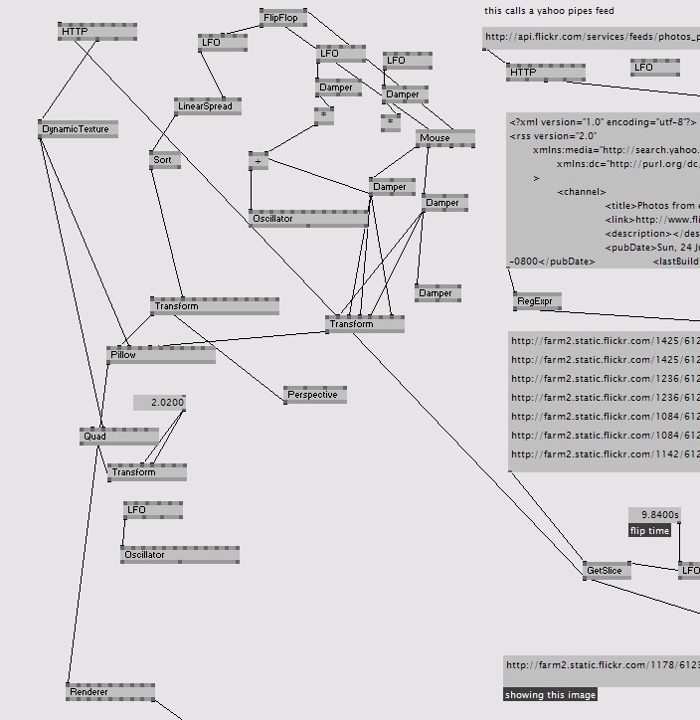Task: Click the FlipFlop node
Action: pyautogui.click(x=283, y=18)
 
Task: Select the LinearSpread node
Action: pyautogui.click(x=207, y=106)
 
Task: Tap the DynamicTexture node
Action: pyautogui.click(x=79, y=129)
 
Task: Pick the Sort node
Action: pyautogui.click(x=164, y=159)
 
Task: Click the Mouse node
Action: pyautogui.click(x=444, y=138)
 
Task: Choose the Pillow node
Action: pyautogui.click(x=160, y=355)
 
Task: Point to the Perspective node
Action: pyautogui.click(x=314, y=395)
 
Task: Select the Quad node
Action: pyautogui.click(x=118, y=437)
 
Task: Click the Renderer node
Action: pyautogui.click(x=109, y=692)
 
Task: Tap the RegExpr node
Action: pyautogui.click(x=538, y=300)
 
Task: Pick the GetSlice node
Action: pyautogui.click(x=607, y=571)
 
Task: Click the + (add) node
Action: pyautogui.click(x=260, y=160)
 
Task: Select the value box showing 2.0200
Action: pyautogui.click(x=160, y=403)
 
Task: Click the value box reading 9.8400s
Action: pyautogui.click(x=654, y=514)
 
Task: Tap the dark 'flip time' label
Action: pyautogui.click(x=649, y=531)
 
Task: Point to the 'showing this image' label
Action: pyautogui.click(x=550, y=694)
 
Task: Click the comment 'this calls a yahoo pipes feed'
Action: pyautogui.click(x=549, y=11)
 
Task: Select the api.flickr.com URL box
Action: pyautogui.click(x=592, y=38)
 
